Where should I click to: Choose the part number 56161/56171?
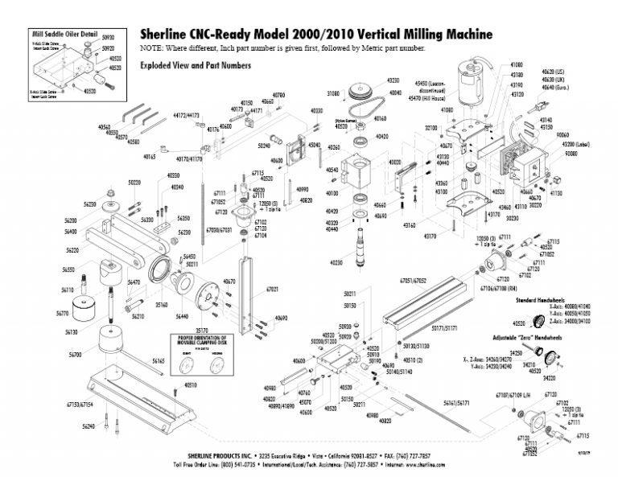pos(456,400)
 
